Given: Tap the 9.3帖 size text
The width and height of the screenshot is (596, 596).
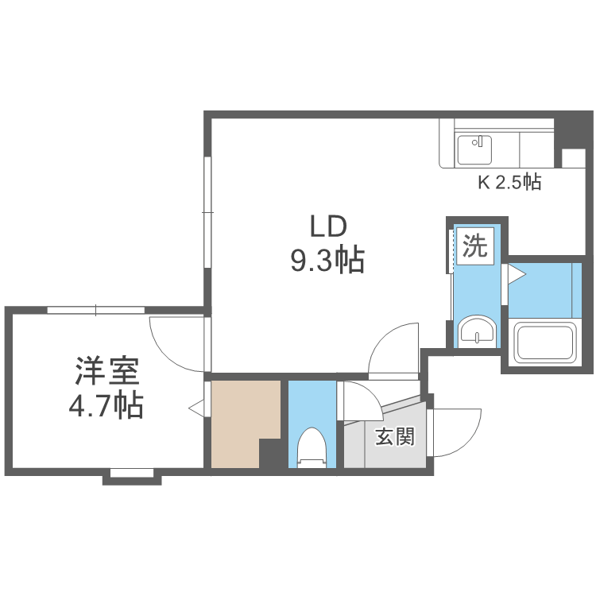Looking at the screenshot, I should tap(327, 261).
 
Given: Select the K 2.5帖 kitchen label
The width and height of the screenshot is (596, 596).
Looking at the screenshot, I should tap(509, 183).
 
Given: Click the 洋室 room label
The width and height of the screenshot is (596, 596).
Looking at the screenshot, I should tap(107, 371).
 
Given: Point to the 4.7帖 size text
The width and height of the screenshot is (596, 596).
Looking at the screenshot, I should tap(106, 406).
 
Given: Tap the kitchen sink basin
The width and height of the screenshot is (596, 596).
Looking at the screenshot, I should tap(475, 149).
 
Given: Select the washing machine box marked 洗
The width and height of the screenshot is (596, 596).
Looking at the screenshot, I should tap(474, 246).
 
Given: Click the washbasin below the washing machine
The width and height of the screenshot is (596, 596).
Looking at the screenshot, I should tap(476, 331).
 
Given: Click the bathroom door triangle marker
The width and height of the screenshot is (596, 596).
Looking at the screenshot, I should tap(517, 275).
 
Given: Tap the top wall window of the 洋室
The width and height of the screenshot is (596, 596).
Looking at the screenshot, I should tap(95, 310).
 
